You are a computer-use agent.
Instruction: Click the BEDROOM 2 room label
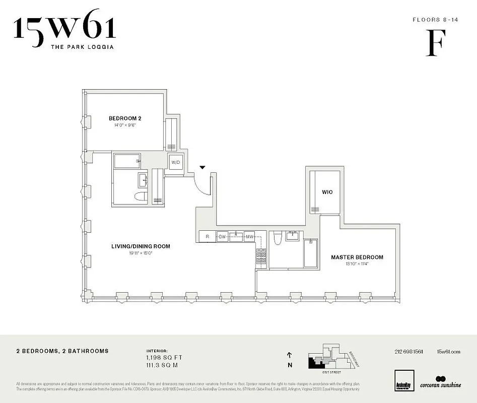point(122,118)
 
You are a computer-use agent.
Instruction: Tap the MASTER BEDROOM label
point(357,257)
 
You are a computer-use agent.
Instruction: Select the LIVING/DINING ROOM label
point(141,246)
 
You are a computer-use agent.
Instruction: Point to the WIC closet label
point(327,192)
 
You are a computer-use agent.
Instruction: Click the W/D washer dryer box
point(175,163)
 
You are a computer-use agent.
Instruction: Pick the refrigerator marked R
point(207,236)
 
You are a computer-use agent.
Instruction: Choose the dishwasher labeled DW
point(222,236)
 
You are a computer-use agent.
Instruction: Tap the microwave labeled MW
point(249,236)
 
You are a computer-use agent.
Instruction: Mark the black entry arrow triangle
point(202,167)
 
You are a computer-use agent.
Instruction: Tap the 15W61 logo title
point(65,29)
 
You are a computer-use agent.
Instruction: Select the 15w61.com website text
point(449,351)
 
